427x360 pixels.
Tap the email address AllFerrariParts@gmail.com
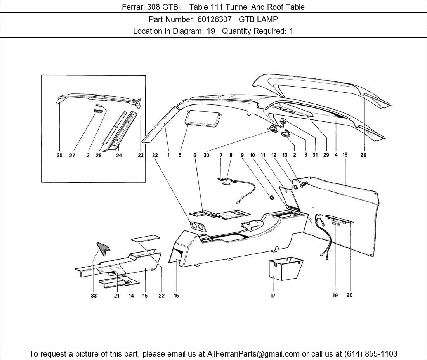(x=253, y=354)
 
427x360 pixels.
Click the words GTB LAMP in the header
(x=258, y=19)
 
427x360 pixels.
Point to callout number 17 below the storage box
(x=273, y=296)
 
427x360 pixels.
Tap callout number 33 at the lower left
(x=93, y=296)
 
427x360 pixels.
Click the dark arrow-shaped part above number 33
(x=103, y=249)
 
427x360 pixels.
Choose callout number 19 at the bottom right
(x=335, y=295)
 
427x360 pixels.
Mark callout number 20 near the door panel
(x=349, y=295)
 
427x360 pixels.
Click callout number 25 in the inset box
(x=59, y=155)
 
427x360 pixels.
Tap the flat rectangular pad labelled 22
(x=146, y=238)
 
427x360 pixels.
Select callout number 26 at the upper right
(x=363, y=155)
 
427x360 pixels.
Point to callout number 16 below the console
(x=176, y=296)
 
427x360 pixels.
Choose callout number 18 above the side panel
(x=345, y=155)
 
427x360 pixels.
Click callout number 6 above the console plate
(x=195, y=155)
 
